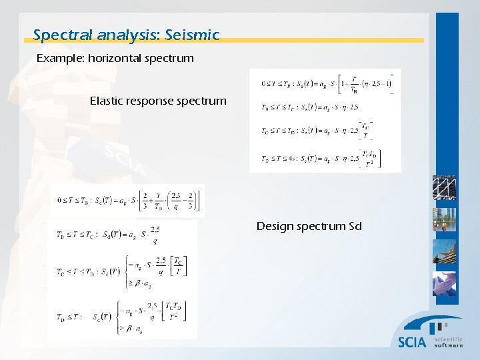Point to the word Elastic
[x=109, y=101]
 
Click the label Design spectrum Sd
[x=309, y=226]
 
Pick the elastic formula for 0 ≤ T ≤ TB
[x=325, y=84]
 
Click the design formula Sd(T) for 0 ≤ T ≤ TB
[x=127, y=200]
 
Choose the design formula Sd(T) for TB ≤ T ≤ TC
[x=110, y=234]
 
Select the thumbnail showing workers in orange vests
[x=444, y=221]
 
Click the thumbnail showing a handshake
[x=444, y=283]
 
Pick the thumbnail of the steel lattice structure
[x=444, y=189]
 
